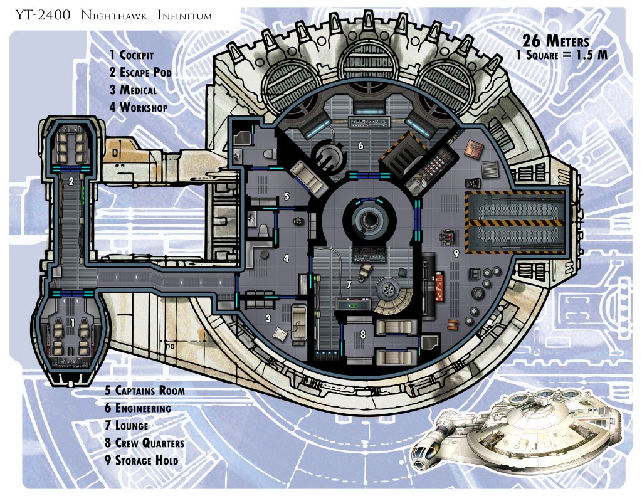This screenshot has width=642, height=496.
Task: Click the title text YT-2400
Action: click(39, 14)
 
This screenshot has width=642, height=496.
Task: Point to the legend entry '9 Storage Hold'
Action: click(142, 461)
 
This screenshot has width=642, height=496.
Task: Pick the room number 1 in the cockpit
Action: click(73, 322)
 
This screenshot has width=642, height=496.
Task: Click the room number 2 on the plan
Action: click(71, 182)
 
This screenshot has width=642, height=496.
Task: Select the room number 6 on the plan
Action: click(360, 145)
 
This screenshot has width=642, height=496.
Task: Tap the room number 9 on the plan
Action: click(456, 254)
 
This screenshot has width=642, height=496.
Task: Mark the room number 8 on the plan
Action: click(362, 335)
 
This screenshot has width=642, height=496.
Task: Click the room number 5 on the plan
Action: click(286, 196)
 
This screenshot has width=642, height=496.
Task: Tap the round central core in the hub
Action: click(367, 220)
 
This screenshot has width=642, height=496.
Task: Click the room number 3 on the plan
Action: click(268, 318)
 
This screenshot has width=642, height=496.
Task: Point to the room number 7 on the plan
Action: click(349, 285)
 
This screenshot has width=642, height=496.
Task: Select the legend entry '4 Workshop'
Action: click(138, 107)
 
